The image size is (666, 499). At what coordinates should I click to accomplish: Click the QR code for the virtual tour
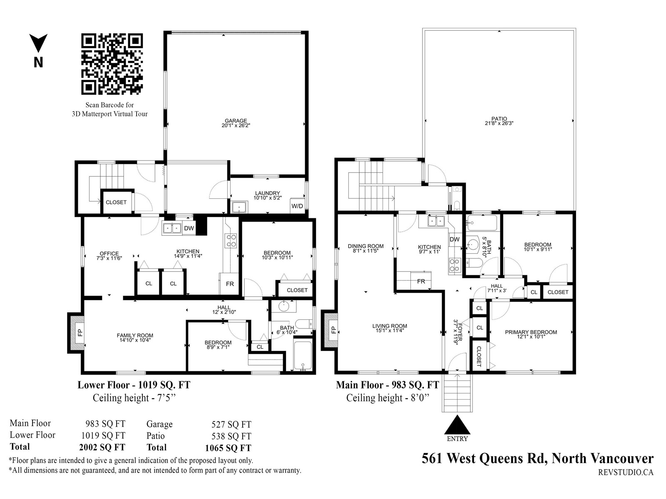[x=112, y=64]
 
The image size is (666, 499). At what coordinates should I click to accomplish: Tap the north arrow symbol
[x=38, y=43]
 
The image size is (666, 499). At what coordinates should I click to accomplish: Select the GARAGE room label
[x=236, y=121]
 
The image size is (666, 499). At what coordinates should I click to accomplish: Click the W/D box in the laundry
[x=297, y=206]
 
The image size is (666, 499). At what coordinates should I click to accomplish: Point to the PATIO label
[x=499, y=119]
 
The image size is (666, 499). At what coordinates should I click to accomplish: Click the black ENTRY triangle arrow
[x=457, y=425]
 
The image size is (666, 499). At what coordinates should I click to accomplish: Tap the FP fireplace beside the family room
[x=77, y=333]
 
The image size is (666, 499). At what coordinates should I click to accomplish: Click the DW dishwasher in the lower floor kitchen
[x=189, y=228]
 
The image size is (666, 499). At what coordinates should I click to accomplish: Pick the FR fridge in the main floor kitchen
[x=421, y=281]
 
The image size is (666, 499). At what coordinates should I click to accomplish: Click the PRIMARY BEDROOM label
[x=531, y=332]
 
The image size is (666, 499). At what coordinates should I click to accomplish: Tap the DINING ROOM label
[x=365, y=246]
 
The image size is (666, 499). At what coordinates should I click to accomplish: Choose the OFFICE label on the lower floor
[x=109, y=254]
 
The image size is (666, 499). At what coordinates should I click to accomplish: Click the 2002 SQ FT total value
[x=102, y=447]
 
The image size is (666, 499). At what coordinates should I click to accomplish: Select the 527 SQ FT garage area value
[x=231, y=425]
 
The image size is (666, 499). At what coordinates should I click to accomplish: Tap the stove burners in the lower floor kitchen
[x=231, y=241]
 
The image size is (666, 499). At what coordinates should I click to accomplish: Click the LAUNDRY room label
[x=267, y=193]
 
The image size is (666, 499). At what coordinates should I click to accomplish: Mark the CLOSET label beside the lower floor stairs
[x=116, y=202]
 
